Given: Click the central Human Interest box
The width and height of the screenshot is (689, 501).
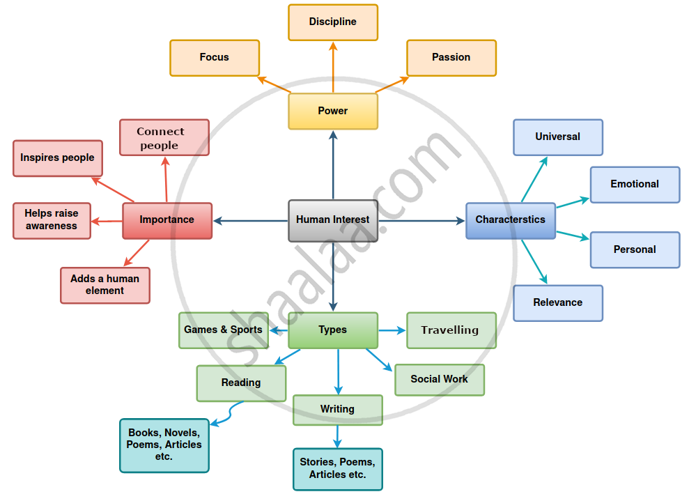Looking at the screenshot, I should point(333,220).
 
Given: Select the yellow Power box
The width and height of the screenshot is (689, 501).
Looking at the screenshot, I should point(333,111).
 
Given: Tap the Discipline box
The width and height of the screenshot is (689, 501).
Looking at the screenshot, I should point(333,22).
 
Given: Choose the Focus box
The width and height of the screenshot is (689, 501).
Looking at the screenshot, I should point(215,58).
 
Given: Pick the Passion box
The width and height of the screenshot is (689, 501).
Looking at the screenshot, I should point(451,58).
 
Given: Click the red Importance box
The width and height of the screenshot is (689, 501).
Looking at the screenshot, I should point(167,220).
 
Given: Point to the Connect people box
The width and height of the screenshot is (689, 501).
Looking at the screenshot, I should point(164,138).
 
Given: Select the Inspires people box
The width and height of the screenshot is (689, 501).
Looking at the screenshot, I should point(58,158).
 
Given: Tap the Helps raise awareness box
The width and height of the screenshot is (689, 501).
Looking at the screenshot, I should point(52,220).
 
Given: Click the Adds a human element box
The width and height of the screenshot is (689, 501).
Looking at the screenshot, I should point(105,285).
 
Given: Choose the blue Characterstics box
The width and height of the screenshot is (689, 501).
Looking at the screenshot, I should point(511,220).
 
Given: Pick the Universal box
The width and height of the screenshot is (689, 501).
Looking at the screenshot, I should point(558,137).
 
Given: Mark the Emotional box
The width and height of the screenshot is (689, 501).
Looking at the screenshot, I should point(635,185).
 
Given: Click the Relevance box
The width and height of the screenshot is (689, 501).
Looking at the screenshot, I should point(558,303).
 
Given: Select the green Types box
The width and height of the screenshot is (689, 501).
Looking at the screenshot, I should point(333,330).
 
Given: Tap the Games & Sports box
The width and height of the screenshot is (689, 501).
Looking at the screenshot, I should point(224,330).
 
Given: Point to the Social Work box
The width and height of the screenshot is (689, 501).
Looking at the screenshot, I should point(440,380).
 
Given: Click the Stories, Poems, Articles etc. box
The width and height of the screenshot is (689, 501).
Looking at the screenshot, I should point(338,469).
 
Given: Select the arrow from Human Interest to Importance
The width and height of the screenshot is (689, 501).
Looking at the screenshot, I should point(251,221).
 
